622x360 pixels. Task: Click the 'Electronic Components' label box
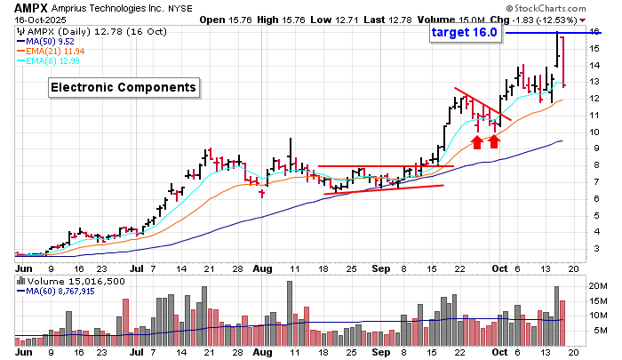123,87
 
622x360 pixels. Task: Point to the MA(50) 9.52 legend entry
50,39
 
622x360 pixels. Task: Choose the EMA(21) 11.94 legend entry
53,50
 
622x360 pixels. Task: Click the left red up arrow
477,141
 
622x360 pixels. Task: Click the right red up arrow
494,141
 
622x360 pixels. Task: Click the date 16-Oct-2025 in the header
32,20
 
